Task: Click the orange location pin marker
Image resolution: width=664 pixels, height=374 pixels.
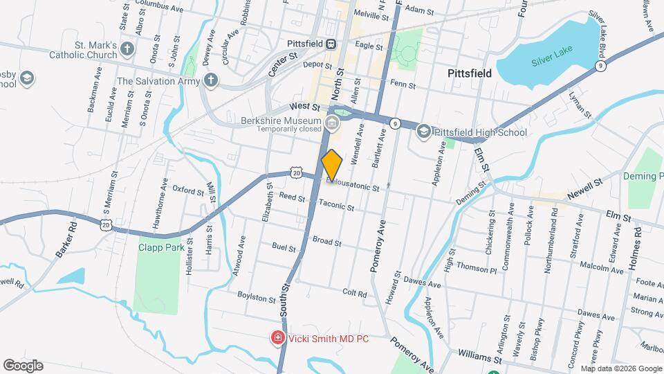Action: tap(332, 166)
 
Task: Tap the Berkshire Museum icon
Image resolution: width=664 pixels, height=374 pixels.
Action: tap(332, 125)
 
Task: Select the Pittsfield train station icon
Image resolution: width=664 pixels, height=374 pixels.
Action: tap(332, 43)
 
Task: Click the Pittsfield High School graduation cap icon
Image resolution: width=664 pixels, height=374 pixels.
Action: tap(423, 131)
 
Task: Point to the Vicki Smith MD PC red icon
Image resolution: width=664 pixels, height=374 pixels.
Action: tap(277, 338)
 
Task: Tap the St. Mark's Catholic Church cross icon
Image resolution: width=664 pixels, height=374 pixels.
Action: tap(126, 48)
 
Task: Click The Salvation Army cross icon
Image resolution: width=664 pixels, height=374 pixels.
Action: tap(211, 81)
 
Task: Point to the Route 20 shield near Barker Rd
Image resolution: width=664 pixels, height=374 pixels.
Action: tap(106, 224)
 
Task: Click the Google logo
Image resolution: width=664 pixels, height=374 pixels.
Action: tap(23, 365)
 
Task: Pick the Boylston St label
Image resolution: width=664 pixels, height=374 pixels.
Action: tap(257, 297)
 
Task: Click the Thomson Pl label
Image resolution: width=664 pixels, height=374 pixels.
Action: tap(477, 267)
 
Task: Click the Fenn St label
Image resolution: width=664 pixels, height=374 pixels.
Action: tap(402, 85)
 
